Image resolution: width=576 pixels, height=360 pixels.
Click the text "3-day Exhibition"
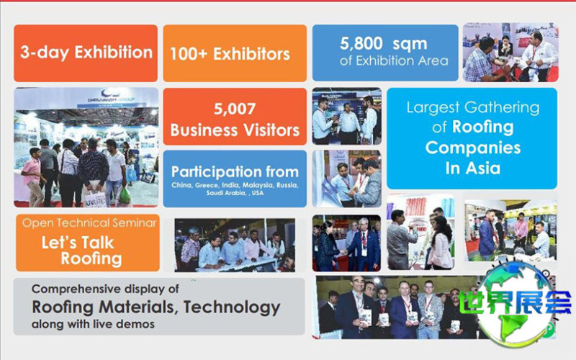click(86, 53)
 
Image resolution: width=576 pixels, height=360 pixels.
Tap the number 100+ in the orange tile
click(189, 54)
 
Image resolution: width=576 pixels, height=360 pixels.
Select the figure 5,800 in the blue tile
click(361, 43)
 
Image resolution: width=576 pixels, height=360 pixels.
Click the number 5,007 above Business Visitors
click(235, 109)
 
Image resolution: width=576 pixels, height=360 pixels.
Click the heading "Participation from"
click(235, 172)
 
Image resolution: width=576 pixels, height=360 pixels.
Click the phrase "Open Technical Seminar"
click(89, 223)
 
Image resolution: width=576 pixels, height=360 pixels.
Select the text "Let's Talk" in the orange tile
click(78, 243)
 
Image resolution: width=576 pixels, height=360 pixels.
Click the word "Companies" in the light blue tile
click(473, 148)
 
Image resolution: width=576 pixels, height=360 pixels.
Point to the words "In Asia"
click(473, 168)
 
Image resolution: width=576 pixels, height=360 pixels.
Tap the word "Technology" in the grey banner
click(232, 307)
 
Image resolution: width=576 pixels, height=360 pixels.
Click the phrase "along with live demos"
click(93, 325)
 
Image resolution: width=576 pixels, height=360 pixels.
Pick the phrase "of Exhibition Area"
click(394, 60)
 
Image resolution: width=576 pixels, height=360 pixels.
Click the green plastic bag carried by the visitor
click(124, 196)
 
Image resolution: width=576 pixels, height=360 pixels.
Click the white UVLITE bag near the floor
click(95, 199)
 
